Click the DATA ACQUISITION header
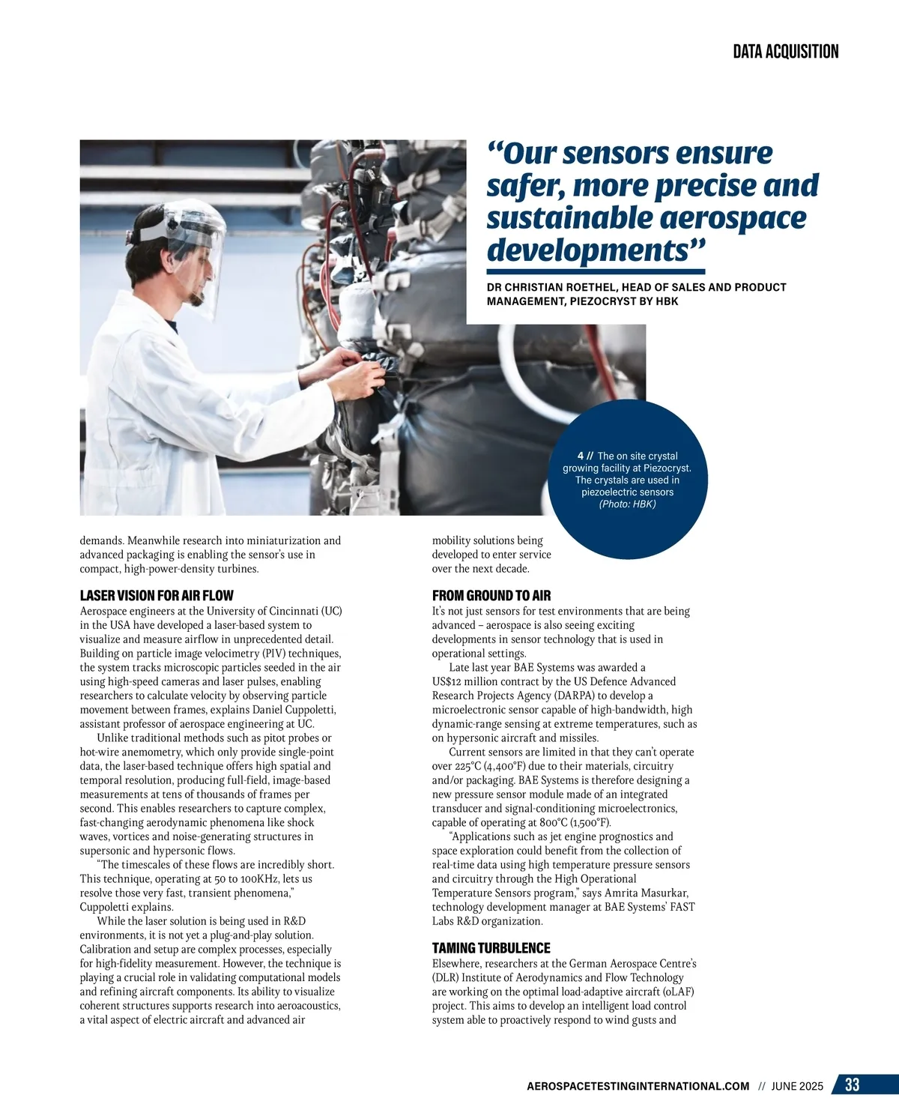point(785,52)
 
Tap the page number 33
point(852,1085)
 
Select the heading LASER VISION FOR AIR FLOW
point(157,596)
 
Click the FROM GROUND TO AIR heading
point(491,596)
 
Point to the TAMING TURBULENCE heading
point(491,948)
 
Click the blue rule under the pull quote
point(596,271)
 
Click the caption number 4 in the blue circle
point(581,456)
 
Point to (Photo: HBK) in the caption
point(627,504)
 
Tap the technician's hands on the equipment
point(352,371)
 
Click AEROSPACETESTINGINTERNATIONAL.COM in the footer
point(638,1086)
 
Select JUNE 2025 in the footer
point(797,1086)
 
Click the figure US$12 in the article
point(447,682)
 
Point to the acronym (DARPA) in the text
point(570,696)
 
